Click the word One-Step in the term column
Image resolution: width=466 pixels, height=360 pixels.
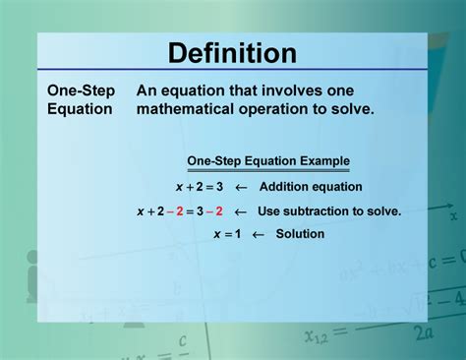coord(82,90)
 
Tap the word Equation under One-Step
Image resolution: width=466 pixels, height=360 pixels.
coord(80,109)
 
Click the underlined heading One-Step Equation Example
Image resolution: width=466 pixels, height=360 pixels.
coord(268,161)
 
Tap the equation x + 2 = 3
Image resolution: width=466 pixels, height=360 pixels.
coord(200,186)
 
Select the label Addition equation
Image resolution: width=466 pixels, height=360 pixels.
coord(312,186)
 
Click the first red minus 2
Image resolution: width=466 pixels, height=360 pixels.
coord(174,210)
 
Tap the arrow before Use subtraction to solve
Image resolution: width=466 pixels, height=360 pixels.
coord(239,210)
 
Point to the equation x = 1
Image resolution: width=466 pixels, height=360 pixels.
coord(226,234)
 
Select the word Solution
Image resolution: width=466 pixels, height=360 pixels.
coord(300,234)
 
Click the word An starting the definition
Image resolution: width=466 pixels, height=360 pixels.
coord(146,90)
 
